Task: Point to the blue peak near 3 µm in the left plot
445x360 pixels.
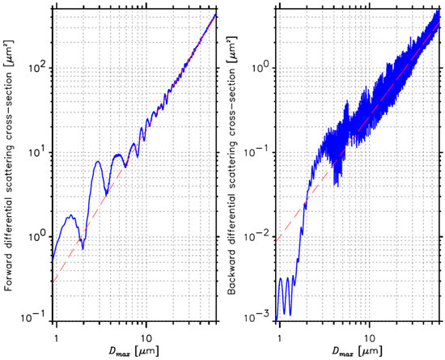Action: pos(98,161)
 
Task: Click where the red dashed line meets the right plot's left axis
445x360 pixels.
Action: pos(277,241)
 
